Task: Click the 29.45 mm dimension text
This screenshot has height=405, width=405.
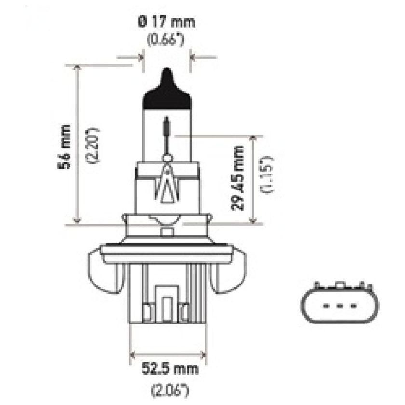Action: (x=238, y=177)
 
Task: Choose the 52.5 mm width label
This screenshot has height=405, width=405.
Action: (x=168, y=370)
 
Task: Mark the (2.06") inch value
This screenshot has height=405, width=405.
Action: (x=168, y=388)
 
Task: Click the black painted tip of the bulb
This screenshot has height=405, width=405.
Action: (x=167, y=92)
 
